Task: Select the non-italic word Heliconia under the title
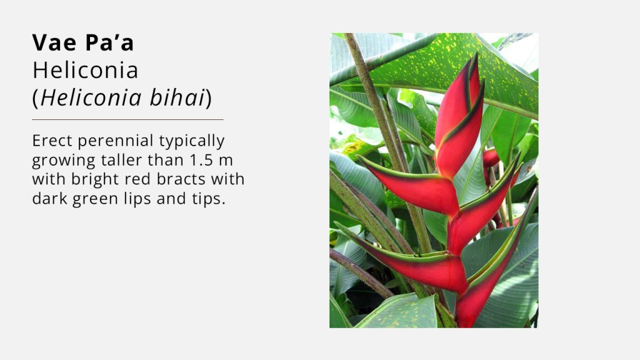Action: [85, 70]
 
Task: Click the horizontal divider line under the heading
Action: [127, 119]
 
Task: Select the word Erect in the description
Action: [52, 141]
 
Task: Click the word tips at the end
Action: [208, 199]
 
